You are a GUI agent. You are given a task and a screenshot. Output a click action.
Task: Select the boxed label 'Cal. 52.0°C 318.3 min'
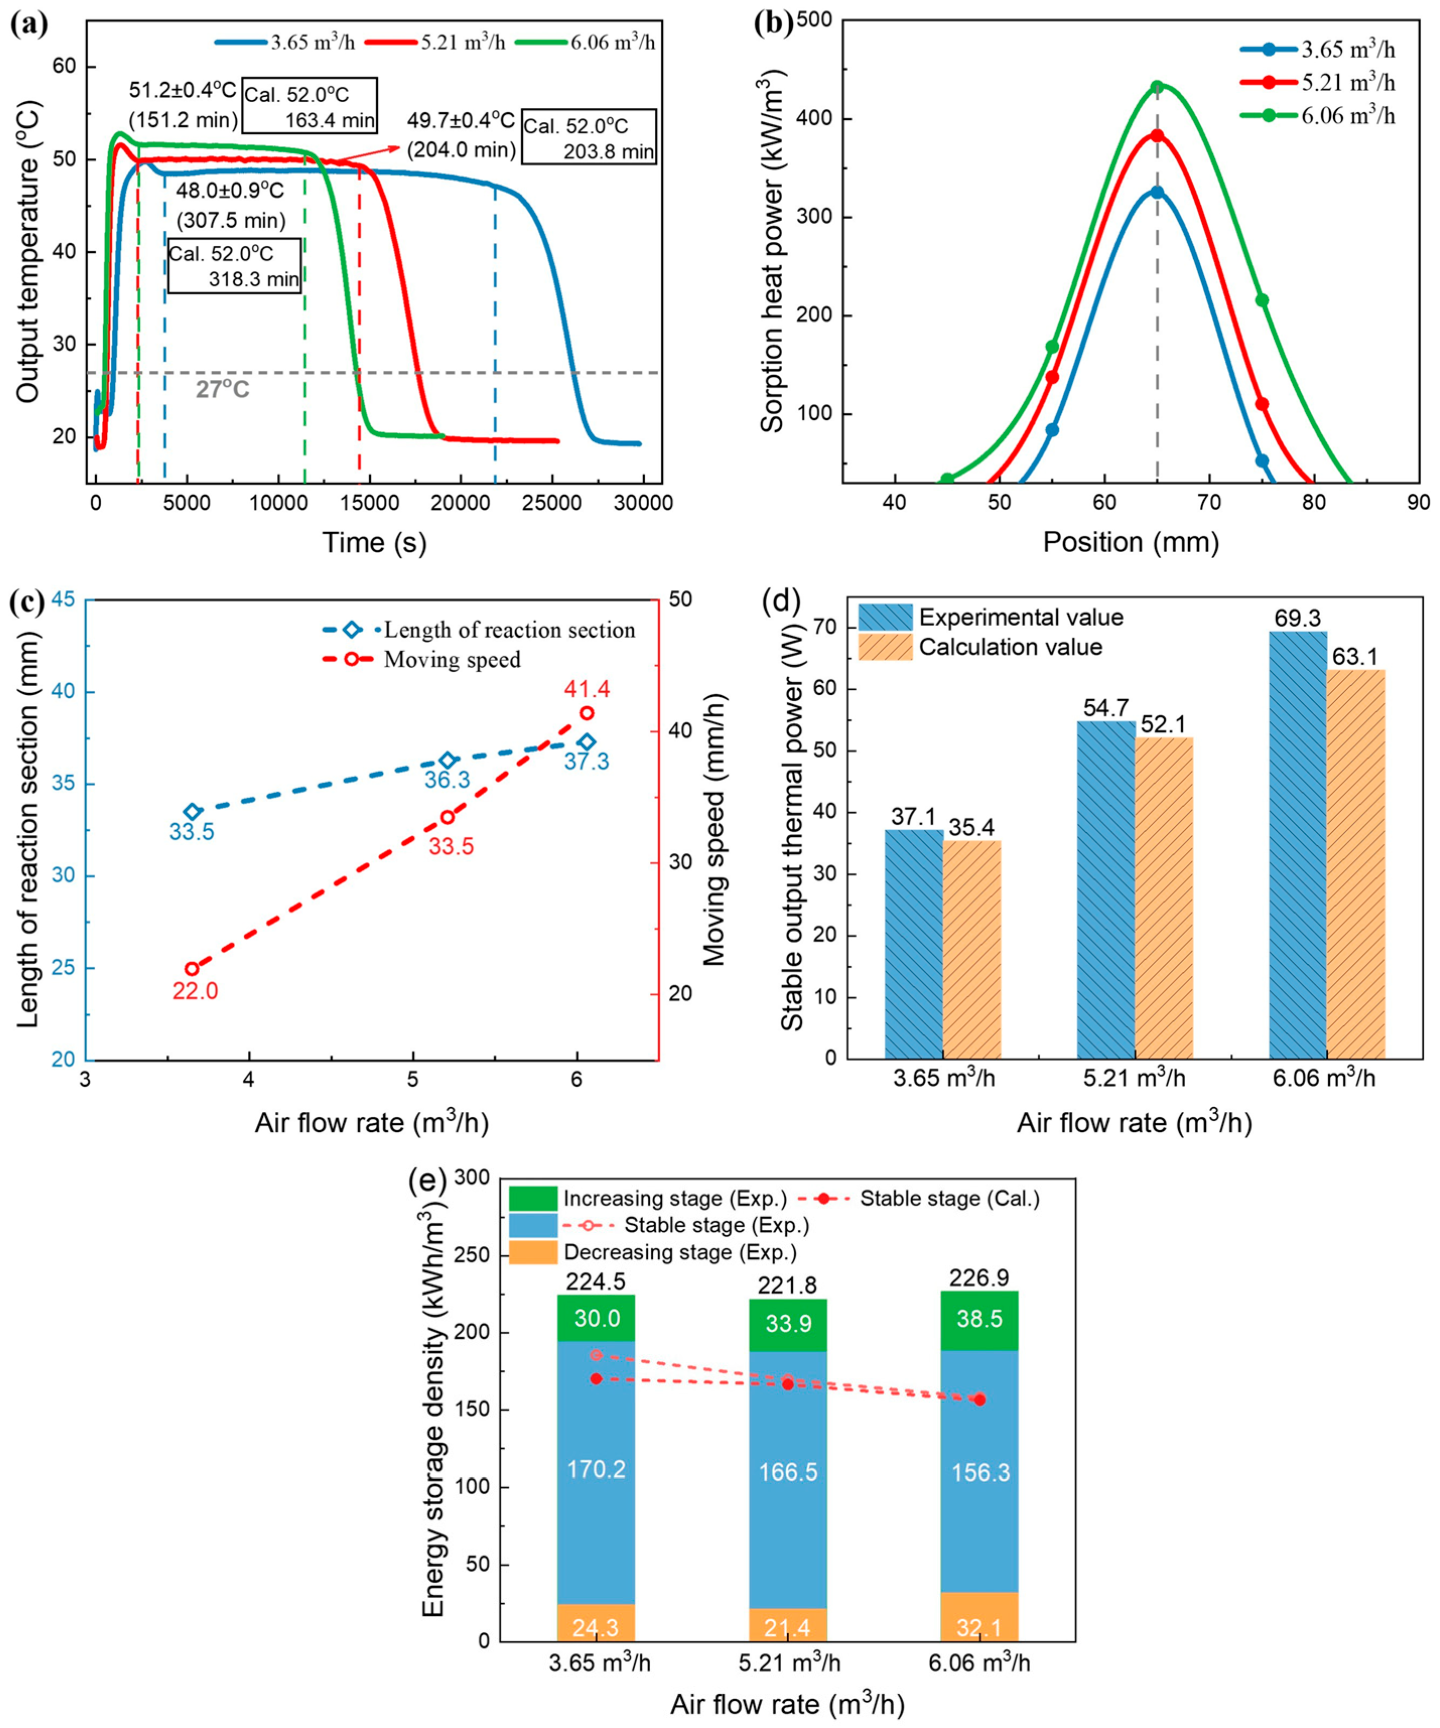click(x=234, y=266)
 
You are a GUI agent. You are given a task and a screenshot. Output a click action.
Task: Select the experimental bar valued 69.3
click(x=1297, y=844)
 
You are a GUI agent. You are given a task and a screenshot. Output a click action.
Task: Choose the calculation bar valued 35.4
click(x=972, y=949)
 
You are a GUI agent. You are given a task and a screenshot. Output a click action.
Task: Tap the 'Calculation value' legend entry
click(x=1010, y=647)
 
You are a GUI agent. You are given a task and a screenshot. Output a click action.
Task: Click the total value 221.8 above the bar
click(x=787, y=1285)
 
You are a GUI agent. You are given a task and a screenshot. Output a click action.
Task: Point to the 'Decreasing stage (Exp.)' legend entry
click(x=679, y=1252)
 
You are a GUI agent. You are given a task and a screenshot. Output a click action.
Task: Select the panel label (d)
click(x=782, y=602)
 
